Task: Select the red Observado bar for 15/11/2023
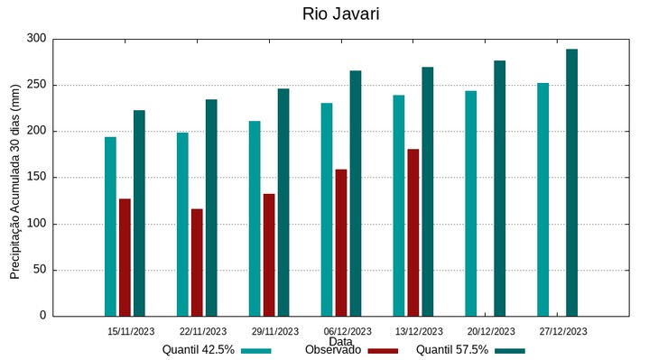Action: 125,257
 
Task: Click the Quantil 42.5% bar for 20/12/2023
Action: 470,203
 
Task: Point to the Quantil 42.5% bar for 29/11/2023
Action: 255,218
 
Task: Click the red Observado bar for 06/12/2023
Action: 341,243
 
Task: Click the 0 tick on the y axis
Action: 42,316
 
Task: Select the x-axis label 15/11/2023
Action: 131,331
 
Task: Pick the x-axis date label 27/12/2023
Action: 562,331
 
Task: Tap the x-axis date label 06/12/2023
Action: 347,331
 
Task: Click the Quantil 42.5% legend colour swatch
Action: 256,350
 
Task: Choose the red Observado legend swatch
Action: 383,350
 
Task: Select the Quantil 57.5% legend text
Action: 452,350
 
